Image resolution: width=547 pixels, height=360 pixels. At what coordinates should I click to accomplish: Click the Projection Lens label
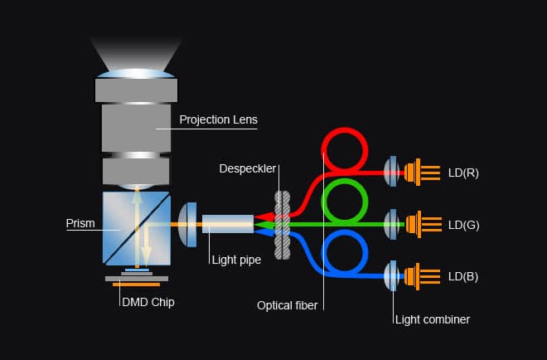coord(218,119)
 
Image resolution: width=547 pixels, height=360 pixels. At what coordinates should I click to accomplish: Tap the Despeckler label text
coord(248,169)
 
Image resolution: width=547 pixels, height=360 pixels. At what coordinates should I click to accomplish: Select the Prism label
coord(80,224)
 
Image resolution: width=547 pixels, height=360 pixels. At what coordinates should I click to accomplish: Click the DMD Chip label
coord(148,302)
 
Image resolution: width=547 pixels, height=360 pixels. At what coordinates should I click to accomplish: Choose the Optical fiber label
coord(288,305)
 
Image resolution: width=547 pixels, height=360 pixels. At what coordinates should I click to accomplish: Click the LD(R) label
coord(462,173)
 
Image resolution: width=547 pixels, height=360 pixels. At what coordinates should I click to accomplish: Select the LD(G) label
coord(462,224)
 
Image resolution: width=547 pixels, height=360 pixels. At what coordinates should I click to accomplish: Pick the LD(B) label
coord(462,275)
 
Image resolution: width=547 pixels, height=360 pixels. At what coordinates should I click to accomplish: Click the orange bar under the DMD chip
coord(137,285)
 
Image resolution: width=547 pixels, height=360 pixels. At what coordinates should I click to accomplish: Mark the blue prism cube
coord(137,225)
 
